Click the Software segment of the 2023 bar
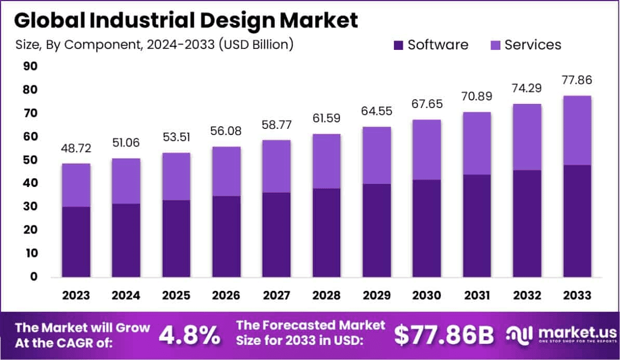click(76, 242)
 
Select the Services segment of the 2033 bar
click(577, 130)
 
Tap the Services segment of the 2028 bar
click(326, 161)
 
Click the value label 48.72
click(76, 149)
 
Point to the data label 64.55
click(376, 111)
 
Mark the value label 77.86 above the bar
click(577, 80)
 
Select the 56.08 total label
click(226, 131)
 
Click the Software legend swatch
click(398, 45)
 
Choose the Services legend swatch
click(494, 45)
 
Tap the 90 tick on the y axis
click(30, 66)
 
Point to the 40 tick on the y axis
click(30, 183)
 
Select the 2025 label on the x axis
click(176, 296)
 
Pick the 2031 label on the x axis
click(477, 296)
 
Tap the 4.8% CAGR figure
click(189, 336)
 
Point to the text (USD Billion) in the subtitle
click(256, 45)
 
